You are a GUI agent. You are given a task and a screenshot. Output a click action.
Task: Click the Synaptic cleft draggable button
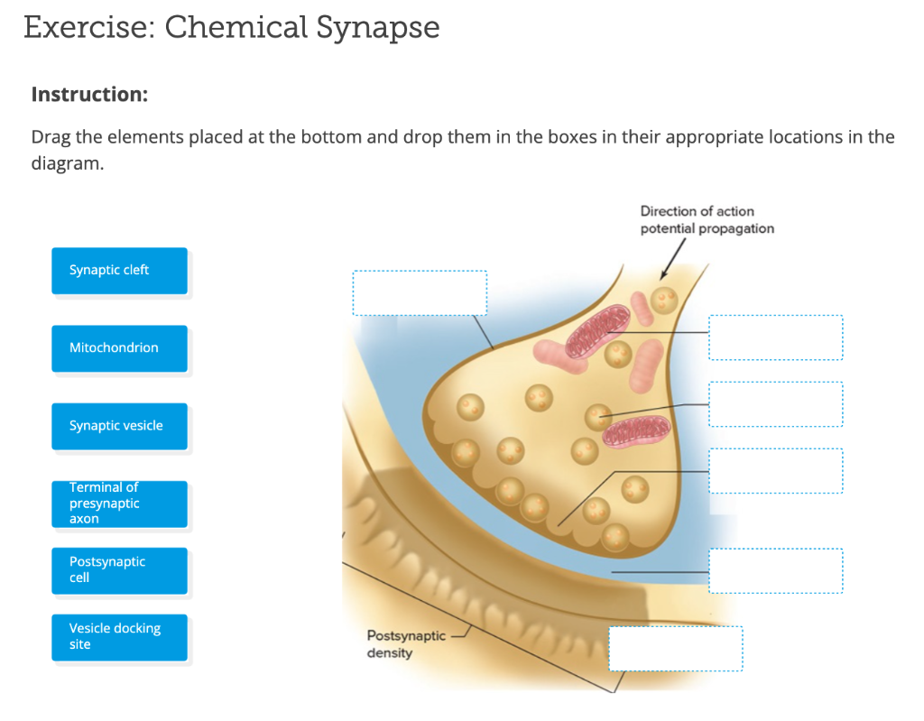pos(119,271)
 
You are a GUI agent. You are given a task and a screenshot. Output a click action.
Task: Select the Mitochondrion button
pos(119,348)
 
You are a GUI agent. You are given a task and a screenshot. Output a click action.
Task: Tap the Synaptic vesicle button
pos(119,426)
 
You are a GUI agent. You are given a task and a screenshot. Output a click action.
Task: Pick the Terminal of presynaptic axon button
pos(119,504)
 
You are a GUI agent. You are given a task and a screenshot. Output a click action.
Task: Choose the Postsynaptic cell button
pos(119,570)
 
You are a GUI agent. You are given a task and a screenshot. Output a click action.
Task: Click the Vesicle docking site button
pos(119,637)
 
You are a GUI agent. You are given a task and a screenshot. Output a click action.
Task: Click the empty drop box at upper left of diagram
pos(420,293)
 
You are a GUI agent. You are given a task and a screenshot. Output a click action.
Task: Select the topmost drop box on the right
pos(776,337)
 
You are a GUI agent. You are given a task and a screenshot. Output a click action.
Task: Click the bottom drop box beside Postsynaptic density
pos(676,649)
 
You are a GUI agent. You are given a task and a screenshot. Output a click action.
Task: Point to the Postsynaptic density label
pos(406,644)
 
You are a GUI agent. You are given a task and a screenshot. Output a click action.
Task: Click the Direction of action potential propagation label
pos(707,219)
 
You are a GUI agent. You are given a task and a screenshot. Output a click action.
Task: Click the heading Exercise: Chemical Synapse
pos(232,28)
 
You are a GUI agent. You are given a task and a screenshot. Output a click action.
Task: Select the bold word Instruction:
pos(89,94)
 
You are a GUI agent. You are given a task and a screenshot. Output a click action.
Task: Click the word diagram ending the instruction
pos(66,165)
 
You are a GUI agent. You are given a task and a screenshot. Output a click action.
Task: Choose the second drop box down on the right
pos(776,404)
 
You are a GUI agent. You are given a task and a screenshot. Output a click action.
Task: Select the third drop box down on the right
pos(776,471)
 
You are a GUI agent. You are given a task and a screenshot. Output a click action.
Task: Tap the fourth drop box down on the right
pos(776,571)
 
